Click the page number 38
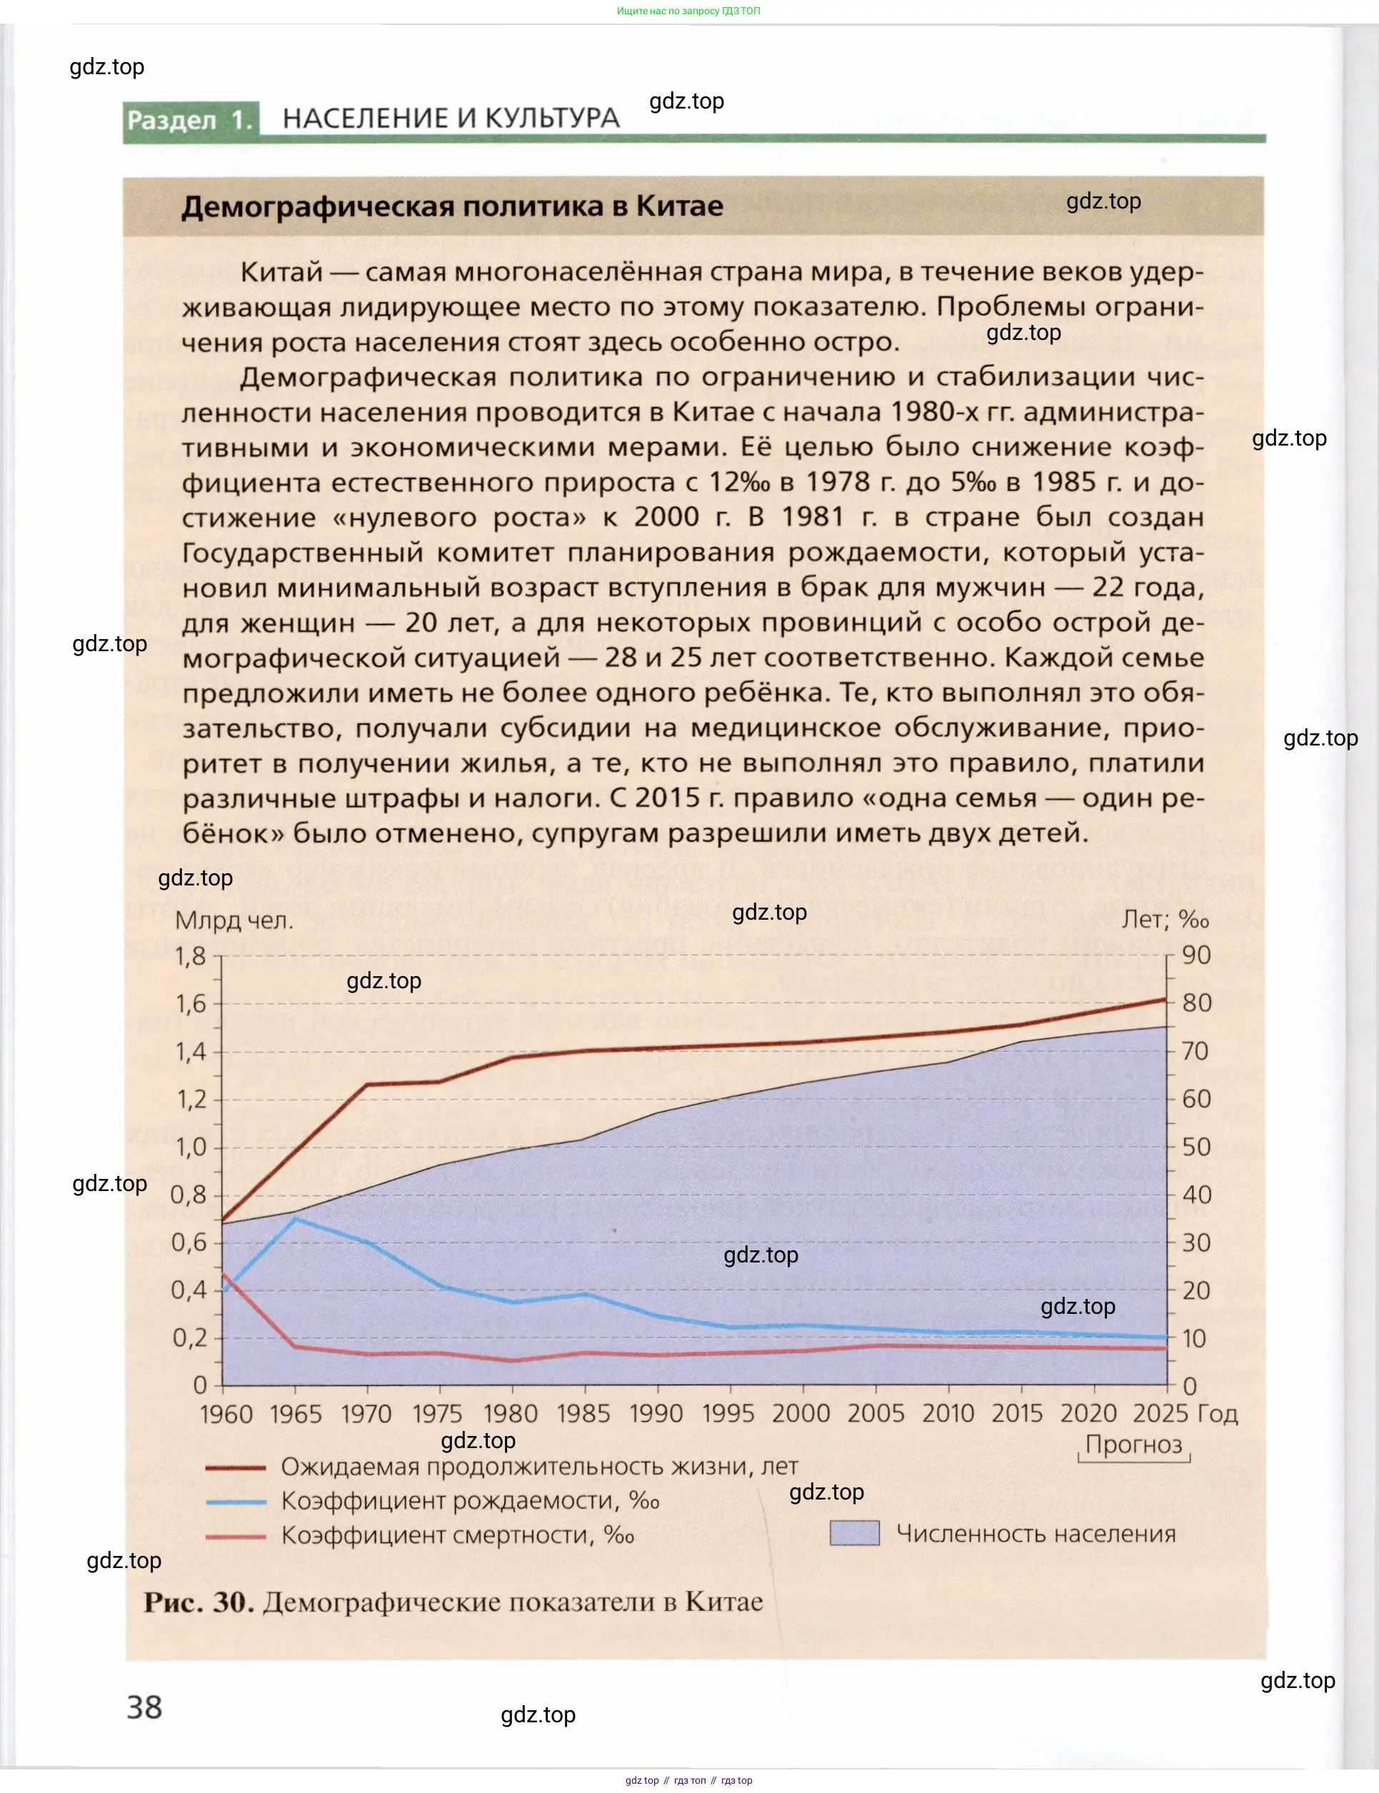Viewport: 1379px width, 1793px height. pyautogui.click(x=144, y=1707)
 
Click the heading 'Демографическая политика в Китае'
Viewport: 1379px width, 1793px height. pyautogui.click(x=452, y=206)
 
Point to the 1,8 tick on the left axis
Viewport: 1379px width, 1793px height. pyautogui.click(x=191, y=956)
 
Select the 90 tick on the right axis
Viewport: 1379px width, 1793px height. pyautogui.click(x=1196, y=955)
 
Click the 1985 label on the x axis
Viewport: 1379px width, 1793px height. pyautogui.click(x=583, y=1413)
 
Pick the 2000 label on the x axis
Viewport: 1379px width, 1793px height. pyautogui.click(x=801, y=1413)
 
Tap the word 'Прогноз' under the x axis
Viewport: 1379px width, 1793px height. pyautogui.click(x=1133, y=1445)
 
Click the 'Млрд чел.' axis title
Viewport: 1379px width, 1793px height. pyautogui.click(x=234, y=920)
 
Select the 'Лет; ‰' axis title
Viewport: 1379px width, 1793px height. pyautogui.click(x=1165, y=919)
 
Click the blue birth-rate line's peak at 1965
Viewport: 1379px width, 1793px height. pyautogui.click(x=296, y=1219)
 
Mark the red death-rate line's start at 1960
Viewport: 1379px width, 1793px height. pyautogui.click(x=224, y=1275)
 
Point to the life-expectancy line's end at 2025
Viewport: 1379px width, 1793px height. pyautogui.click(x=1165, y=1000)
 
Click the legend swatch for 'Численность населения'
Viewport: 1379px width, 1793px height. pyautogui.click(x=855, y=1533)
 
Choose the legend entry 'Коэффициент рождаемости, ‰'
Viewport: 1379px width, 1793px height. pyautogui.click(x=469, y=1501)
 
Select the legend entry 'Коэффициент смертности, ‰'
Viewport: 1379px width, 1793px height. pyautogui.click(x=457, y=1535)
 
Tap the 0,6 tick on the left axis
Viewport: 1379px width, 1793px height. pyautogui.click(x=190, y=1242)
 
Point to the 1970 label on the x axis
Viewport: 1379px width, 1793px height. pyautogui.click(x=366, y=1413)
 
